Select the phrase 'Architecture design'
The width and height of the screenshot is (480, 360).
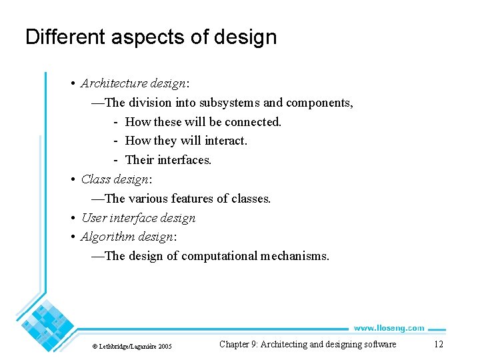pyautogui.click(x=133, y=83)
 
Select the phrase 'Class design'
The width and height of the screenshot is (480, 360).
pyautogui.click(x=116, y=179)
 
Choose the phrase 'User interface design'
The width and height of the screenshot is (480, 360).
pyautogui.click(x=138, y=218)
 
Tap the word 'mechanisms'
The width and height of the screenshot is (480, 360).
pyautogui.click(x=293, y=256)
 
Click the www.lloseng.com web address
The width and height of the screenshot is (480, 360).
pyautogui.click(x=388, y=327)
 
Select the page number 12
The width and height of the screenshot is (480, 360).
pyautogui.click(x=438, y=344)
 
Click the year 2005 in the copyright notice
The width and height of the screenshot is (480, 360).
pyautogui.click(x=165, y=346)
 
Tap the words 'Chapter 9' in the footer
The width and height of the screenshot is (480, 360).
pyautogui.click(x=237, y=344)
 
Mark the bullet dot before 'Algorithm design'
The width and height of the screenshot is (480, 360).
pyautogui.click(x=73, y=237)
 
